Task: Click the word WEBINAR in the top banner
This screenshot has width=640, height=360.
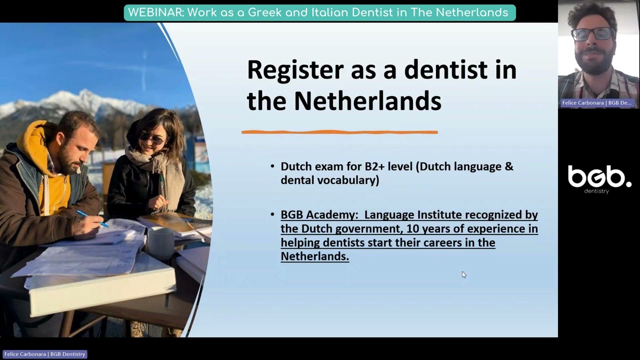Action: coord(155,12)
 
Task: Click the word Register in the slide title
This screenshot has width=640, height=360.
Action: coord(294,70)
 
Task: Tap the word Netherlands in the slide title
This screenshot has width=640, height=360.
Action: coord(367,101)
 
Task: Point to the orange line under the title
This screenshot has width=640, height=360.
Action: coord(339,132)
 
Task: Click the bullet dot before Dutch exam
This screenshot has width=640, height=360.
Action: coord(272,166)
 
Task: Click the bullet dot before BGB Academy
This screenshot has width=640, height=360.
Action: coord(272,214)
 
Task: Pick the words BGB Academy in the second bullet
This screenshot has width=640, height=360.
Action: coord(319,214)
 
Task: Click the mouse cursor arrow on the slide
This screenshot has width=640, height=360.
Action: coord(463,274)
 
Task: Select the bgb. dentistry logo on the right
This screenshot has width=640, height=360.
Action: coord(599,179)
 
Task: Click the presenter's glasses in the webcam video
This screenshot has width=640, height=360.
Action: coord(592,34)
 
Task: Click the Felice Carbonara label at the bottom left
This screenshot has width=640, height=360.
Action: coord(44,354)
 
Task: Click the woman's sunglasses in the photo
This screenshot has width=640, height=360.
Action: coord(151,138)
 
